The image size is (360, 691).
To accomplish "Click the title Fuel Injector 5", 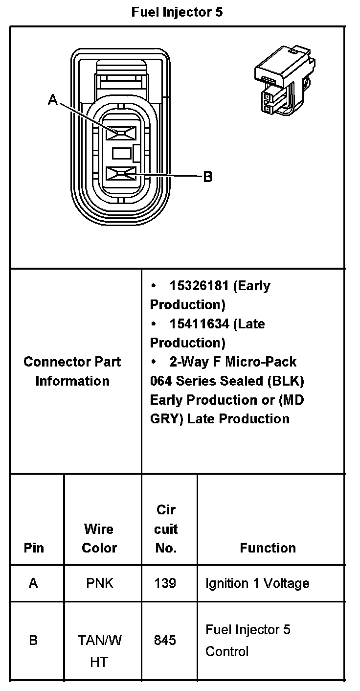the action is pyautogui.click(x=177, y=12).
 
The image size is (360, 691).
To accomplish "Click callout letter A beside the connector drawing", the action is pyautogui.click(x=53, y=100).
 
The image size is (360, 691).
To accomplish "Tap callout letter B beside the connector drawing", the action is pyautogui.click(x=208, y=177).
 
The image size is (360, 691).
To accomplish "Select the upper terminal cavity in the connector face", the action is pyautogui.click(x=121, y=133).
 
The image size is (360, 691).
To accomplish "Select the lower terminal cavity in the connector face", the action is pyautogui.click(x=121, y=174).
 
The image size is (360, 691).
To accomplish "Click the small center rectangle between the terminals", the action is pyautogui.click(x=122, y=153).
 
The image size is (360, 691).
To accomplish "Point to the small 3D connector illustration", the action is pyautogui.click(x=285, y=80).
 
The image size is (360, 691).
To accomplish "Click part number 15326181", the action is pyautogui.click(x=199, y=286).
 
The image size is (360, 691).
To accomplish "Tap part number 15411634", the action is pyautogui.click(x=199, y=324).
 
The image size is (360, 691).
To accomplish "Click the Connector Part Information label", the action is pyautogui.click(x=72, y=371).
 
